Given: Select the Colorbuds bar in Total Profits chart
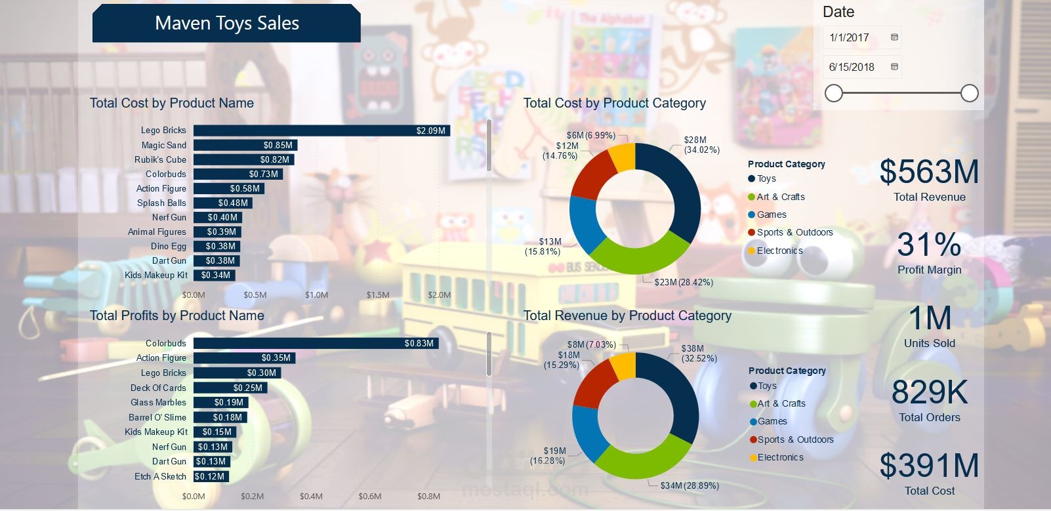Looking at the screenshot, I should pyautogui.click(x=316, y=343).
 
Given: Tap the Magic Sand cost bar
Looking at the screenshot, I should pyautogui.click(x=245, y=145).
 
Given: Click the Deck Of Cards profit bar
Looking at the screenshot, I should pyautogui.click(x=230, y=388).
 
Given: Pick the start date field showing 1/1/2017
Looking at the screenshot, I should pyautogui.click(x=855, y=37).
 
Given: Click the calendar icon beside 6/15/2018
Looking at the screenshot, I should pyautogui.click(x=894, y=67).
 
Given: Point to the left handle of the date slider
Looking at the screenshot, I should pyautogui.click(x=833, y=93).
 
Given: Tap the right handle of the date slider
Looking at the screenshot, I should pyautogui.click(x=970, y=93).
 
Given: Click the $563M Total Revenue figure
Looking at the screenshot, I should pyautogui.click(x=929, y=172).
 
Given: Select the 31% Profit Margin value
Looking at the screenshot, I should pyautogui.click(x=929, y=245).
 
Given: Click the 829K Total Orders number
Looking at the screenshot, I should pyautogui.click(x=929, y=392).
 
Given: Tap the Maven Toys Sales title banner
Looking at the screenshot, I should pyautogui.click(x=226, y=24).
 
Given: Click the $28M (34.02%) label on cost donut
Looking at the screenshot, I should pyautogui.click(x=701, y=145).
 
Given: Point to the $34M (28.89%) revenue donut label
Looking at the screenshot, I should pyautogui.click(x=690, y=485).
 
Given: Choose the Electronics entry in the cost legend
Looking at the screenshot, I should pyautogui.click(x=779, y=251).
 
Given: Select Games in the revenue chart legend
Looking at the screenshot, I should pyautogui.click(x=772, y=422).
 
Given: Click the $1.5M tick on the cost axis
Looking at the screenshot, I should pyautogui.click(x=378, y=295).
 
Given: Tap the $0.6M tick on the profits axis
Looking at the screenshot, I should pyautogui.click(x=370, y=496).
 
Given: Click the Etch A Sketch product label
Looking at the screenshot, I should pyautogui.click(x=160, y=476).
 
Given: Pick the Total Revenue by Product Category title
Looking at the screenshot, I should pyautogui.click(x=627, y=316).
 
